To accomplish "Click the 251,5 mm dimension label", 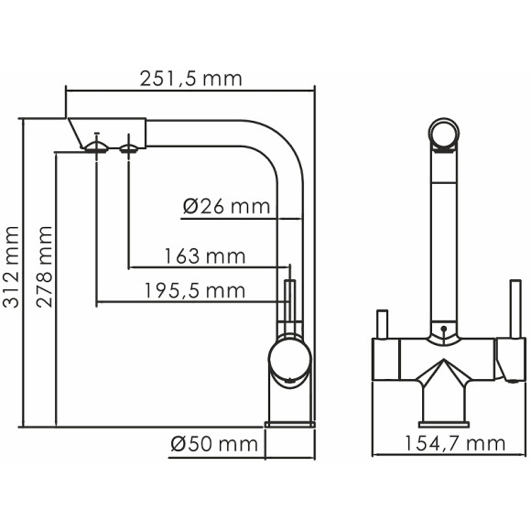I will click(x=190, y=79).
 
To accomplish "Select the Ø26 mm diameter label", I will click(x=226, y=206).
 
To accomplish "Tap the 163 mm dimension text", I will click(x=204, y=255).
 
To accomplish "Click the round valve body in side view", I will click(x=288, y=357).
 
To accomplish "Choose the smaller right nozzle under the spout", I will click(x=129, y=146).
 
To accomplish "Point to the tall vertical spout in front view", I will click(x=444, y=238).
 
